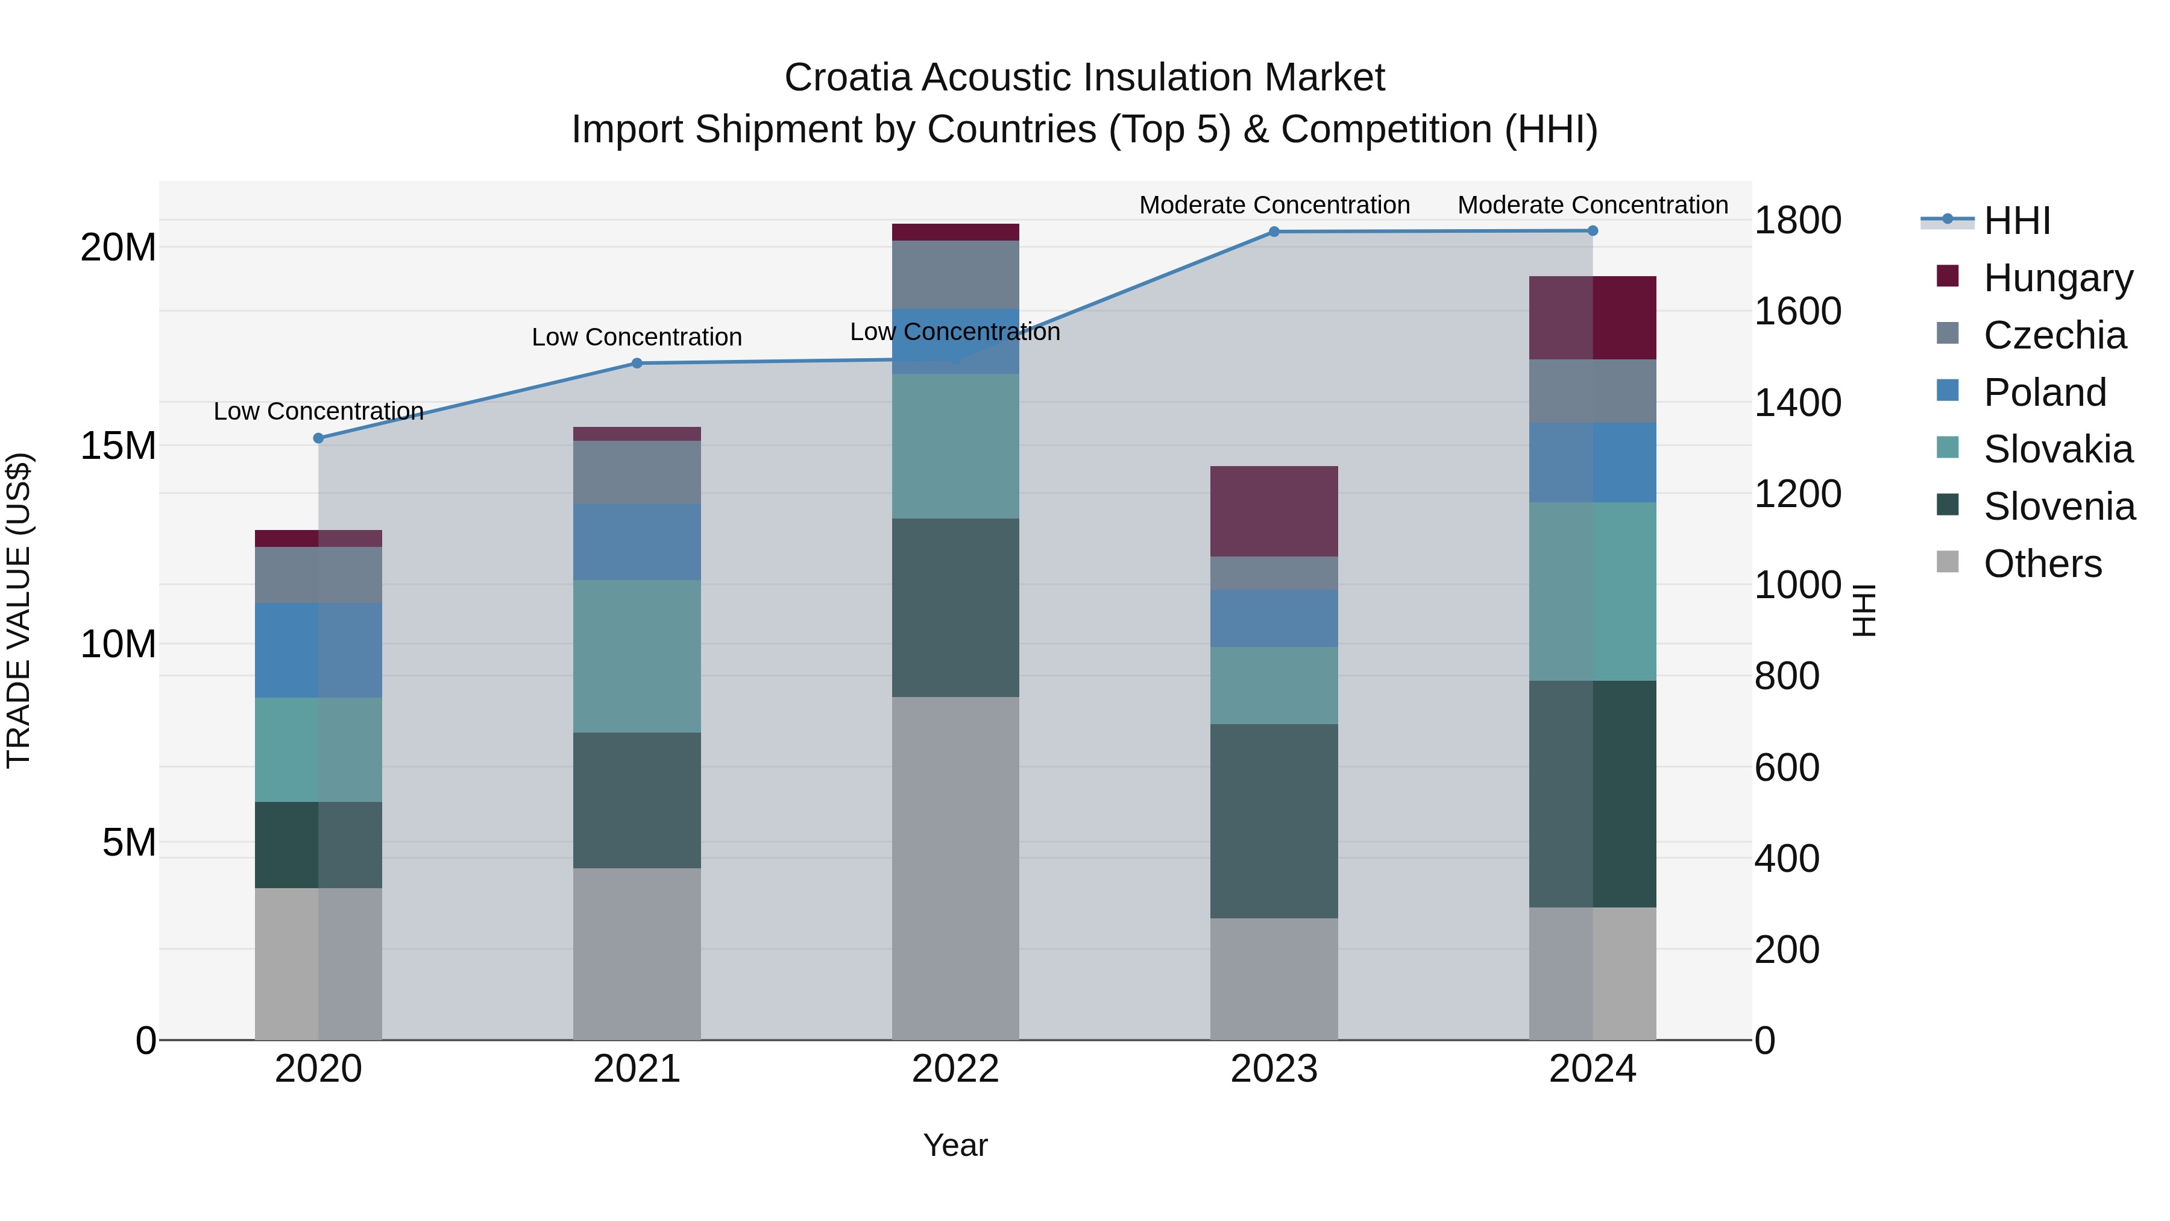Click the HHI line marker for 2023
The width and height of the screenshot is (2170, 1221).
[1274, 232]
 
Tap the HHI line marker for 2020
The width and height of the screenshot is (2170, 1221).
[318, 438]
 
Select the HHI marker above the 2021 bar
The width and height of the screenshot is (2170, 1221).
[637, 363]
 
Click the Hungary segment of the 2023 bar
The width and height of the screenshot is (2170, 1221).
[1274, 511]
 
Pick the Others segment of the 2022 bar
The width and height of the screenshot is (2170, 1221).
[955, 868]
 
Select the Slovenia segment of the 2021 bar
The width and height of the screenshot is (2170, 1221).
[637, 801]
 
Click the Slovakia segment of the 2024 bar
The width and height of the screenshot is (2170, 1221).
[1592, 592]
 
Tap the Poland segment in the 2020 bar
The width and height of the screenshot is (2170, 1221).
[318, 651]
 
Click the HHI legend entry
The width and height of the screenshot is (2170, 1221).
[2017, 221]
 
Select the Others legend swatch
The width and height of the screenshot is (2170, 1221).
[1948, 561]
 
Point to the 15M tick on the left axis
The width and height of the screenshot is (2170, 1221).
[118, 446]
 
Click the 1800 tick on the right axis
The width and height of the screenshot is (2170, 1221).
[1797, 221]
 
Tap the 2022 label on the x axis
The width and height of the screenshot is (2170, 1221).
[955, 1069]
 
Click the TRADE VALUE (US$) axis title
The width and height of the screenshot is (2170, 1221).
[19, 610]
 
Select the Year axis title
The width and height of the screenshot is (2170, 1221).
[955, 1145]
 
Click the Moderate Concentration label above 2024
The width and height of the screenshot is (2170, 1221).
[1592, 205]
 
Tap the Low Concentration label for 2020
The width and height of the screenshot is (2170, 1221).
[318, 411]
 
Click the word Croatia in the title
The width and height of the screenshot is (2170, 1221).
[848, 78]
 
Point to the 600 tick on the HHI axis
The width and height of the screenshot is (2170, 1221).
[1787, 768]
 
